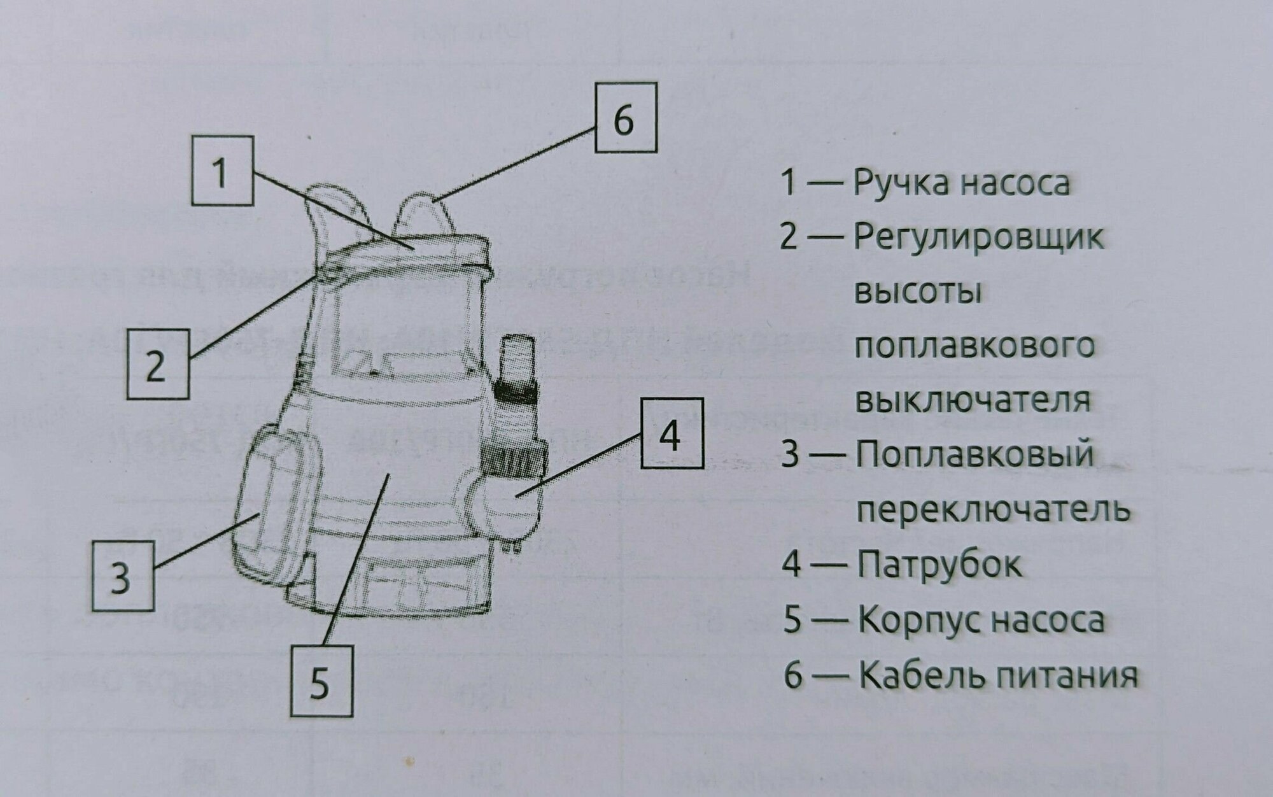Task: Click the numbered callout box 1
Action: click(222, 171)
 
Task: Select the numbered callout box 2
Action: click(157, 363)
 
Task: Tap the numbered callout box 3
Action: click(122, 575)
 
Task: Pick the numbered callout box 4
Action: click(672, 434)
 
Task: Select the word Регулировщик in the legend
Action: click(978, 239)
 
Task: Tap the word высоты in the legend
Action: click(917, 293)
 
